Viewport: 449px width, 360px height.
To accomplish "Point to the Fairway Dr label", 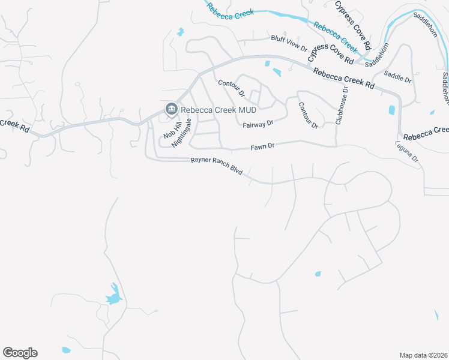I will pyautogui.click(x=258, y=124).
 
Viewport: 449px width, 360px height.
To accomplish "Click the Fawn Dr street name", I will pyautogui.click(x=262, y=146).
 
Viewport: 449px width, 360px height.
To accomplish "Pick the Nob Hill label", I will pyautogui.click(x=172, y=129).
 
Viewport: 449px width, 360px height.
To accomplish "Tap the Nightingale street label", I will pyautogui.click(x=182, y=133).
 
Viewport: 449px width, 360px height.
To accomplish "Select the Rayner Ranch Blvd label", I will pyautogui.click(x=216, y=166).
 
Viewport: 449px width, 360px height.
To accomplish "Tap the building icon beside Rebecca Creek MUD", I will pyautogui.click(x=170, y=109).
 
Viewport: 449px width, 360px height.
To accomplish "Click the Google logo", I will pyautogui.click(x=20, y=353).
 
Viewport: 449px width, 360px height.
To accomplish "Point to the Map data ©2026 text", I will pyautogui.click(x=423, y=355).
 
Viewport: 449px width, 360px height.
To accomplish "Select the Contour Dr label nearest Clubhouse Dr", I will pyautogui.click(x=308, y=115).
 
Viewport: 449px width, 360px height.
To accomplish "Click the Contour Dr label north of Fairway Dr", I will pyautogui.click(x=232, y=88).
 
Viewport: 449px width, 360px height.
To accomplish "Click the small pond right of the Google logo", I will pyautogui.click(x=66, y=350).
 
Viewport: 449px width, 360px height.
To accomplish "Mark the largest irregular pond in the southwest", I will pyautogui.click(x=113, y=297).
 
